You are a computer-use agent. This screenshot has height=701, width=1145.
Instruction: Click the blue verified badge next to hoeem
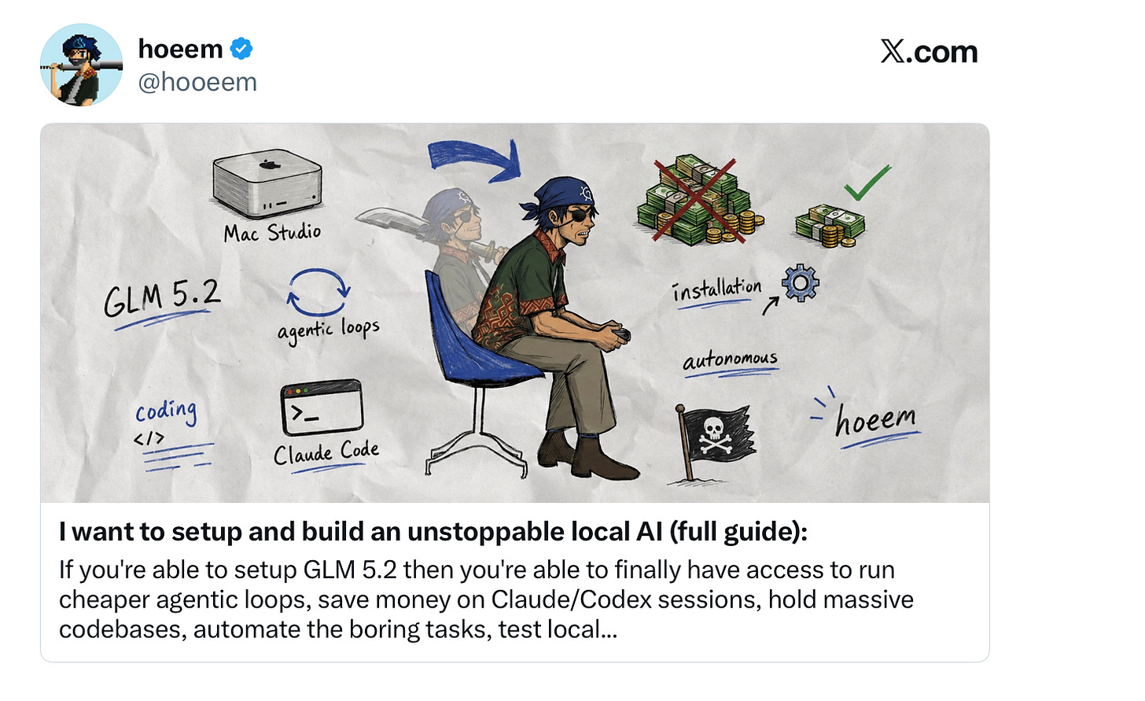coord(241,49)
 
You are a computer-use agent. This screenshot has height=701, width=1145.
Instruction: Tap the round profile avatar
coord(81,65)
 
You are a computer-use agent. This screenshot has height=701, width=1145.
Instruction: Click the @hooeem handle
coord(197,83)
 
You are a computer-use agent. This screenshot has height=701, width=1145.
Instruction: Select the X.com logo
coord(929,51)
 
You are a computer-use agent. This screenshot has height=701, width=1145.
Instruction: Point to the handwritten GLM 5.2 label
coord(162,298)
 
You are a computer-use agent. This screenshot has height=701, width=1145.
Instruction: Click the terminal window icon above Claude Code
coord(322,408)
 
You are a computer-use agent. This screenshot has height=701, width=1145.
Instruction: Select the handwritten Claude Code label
coord(326,452)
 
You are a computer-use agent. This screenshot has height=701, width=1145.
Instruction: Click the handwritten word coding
coord(166,411)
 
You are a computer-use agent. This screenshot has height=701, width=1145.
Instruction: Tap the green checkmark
coord(867,183)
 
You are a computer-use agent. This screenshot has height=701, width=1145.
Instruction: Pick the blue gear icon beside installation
coord(800,282)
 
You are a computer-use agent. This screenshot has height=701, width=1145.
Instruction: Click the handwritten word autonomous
coord(730,360)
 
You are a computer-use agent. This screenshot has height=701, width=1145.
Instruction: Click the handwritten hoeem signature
coord(875,421)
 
